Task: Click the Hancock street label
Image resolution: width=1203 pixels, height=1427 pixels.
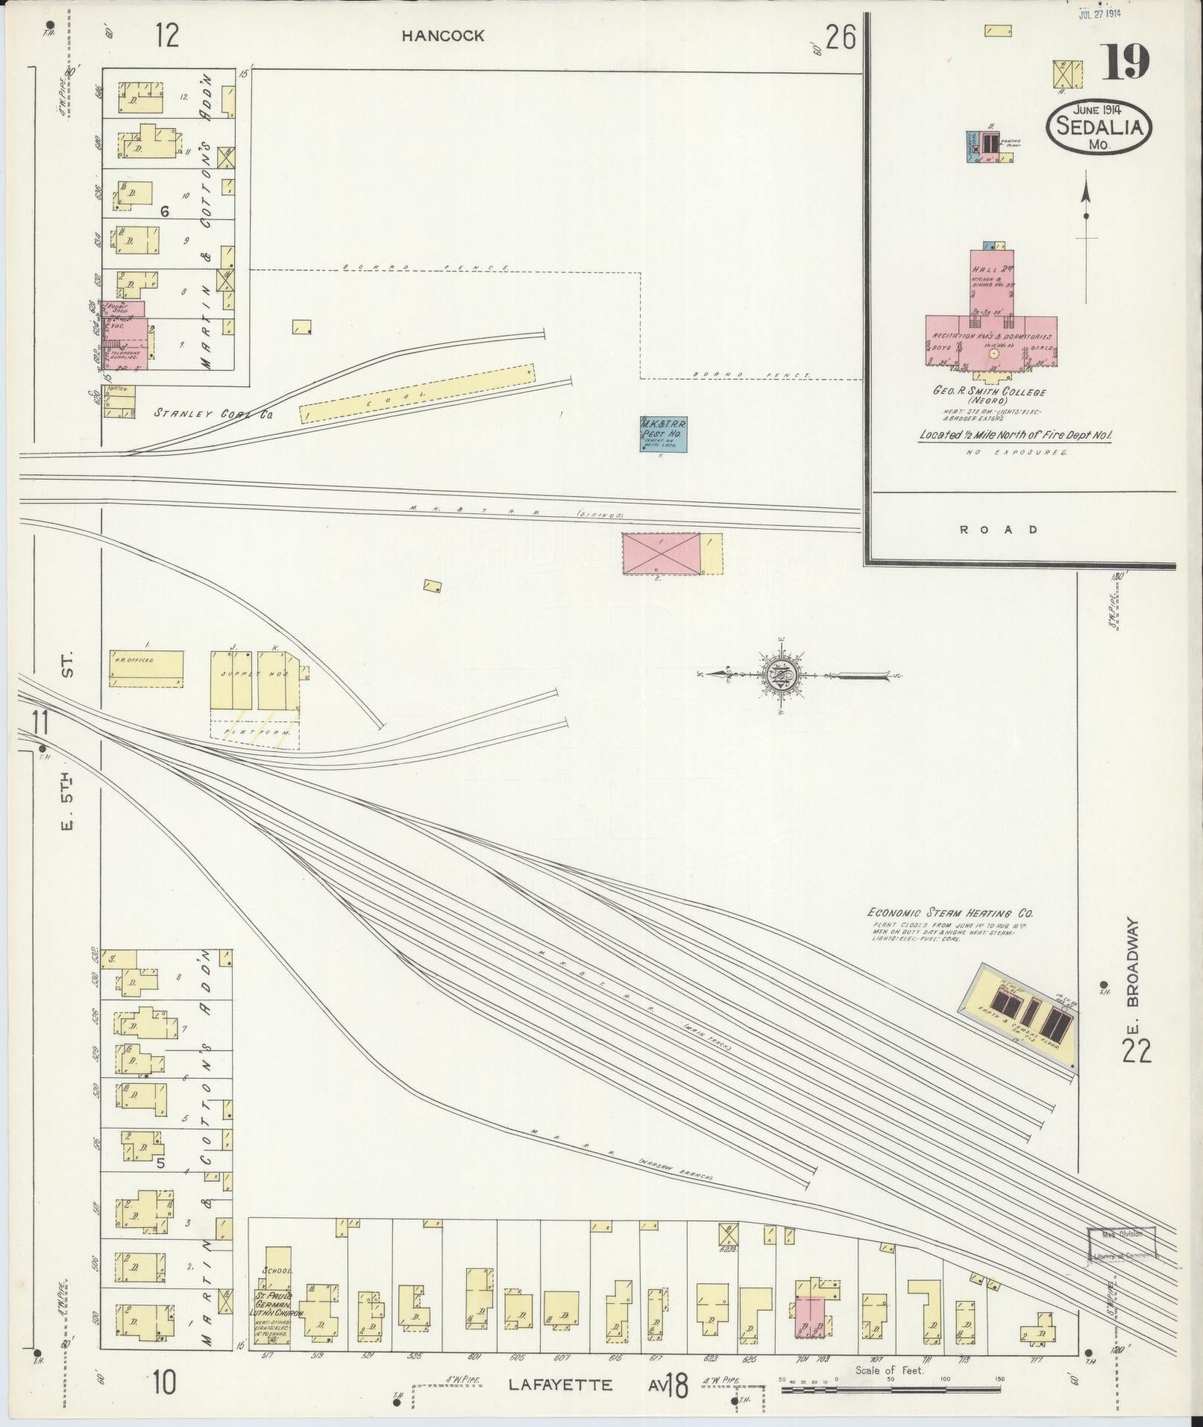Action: click(443, 36)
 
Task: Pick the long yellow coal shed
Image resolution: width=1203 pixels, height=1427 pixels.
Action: click(418, 393)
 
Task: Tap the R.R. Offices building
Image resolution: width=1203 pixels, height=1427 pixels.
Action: click(146, 668)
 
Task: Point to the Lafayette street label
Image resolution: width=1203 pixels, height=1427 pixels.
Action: click(560, 1385)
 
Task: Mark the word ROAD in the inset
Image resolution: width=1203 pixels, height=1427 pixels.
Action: click(1009, 530)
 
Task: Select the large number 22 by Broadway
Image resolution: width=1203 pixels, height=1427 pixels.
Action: click(1136, 1052)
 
